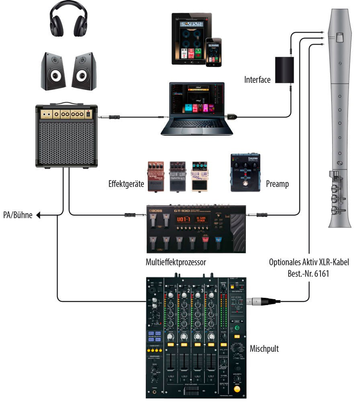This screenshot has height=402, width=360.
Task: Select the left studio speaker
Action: pos(53,71)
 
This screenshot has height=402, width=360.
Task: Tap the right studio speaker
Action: pos(84,71)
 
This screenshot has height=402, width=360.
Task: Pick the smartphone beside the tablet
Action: pos(213,52)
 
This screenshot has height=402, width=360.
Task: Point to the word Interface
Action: pos(257,80)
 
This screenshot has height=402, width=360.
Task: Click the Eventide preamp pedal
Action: pos(245,172)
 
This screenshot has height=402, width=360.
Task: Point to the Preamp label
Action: pos(277,185)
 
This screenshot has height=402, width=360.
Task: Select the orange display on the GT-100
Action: pos(183,219)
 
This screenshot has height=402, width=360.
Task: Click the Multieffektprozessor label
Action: pos(176,263)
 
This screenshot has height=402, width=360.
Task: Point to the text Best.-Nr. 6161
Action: pos(308,273)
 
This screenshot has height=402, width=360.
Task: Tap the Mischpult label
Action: pos(264,349)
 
